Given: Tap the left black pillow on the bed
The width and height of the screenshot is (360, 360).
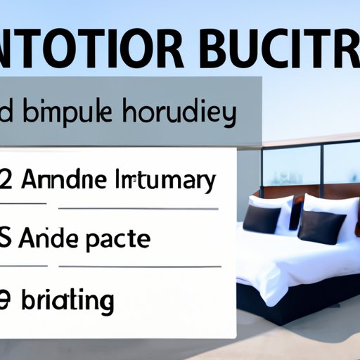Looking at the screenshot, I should click(262, 218).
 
